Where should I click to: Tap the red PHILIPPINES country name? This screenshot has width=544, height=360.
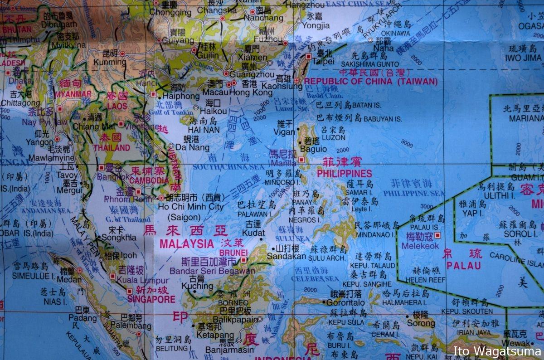(x=344, y=173)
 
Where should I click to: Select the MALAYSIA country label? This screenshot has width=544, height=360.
(x=186, y=243)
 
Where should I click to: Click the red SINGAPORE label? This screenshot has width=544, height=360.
(x=151, y=299)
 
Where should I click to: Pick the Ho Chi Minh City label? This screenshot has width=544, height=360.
(x=190, y=207)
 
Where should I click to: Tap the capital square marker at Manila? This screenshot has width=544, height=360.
(x=301, y=160)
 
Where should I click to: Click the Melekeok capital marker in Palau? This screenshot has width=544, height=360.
(x=437, y=235)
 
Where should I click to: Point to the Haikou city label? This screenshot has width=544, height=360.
(x=213, y=111)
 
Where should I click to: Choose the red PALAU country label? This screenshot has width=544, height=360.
(x=464, y=266)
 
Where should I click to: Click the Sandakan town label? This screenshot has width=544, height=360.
(x=287, y=256)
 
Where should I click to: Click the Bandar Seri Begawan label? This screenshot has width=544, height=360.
(x=212, y=271)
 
